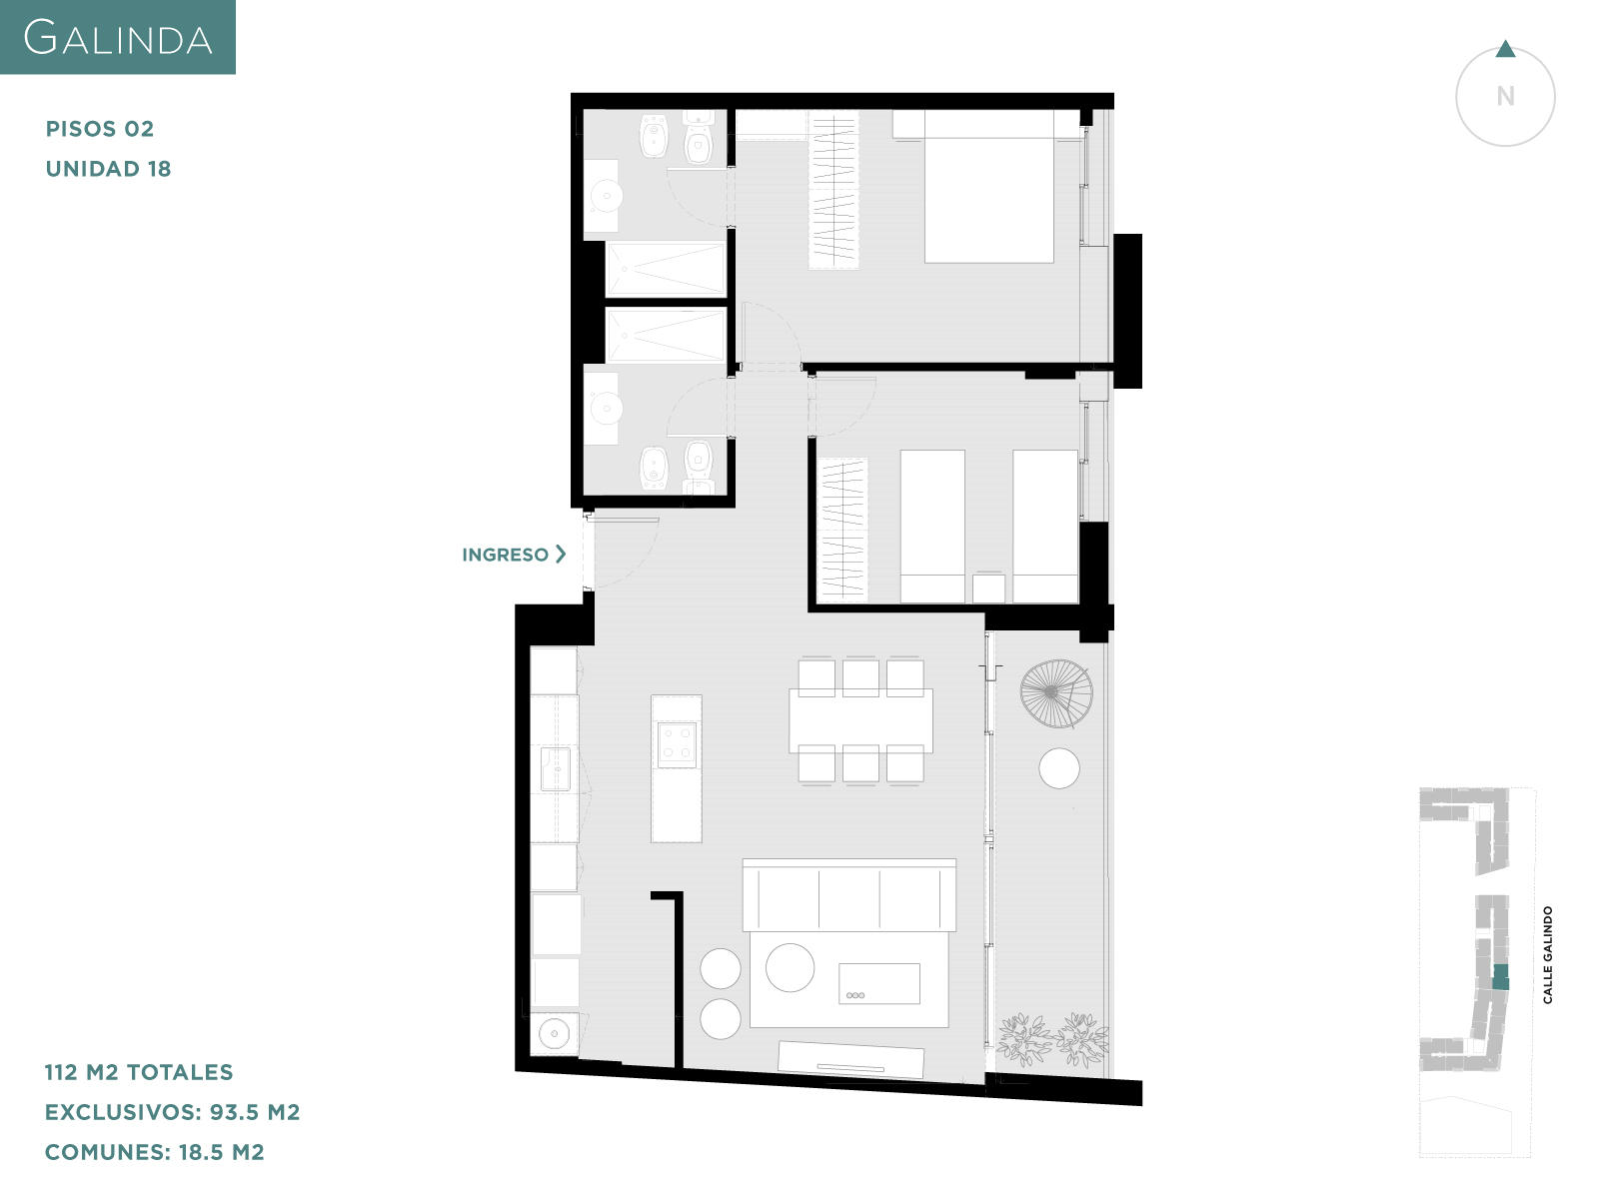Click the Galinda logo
tap(117, 37)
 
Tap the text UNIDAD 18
tap(109, 169)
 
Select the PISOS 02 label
tap(100, 129)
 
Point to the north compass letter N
tap(1505, 96)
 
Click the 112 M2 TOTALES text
tap(139, 1072)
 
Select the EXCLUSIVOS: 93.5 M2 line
tap(173, 1112)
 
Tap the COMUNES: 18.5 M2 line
tap(155, 1152)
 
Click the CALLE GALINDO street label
tap(1547, 955)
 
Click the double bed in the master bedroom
tap(988, 187)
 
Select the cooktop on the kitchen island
tap(677, 744)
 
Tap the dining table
tap(860, 720)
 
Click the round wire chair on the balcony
tap(1056, 693)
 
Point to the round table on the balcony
tap(1059, 768)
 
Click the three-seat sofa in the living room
tap(849, 894)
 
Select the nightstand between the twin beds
tap(988, 589)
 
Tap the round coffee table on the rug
tap(790, 967)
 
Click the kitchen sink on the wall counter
tap(555, 768)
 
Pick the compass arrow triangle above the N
tap(1505, 50)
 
